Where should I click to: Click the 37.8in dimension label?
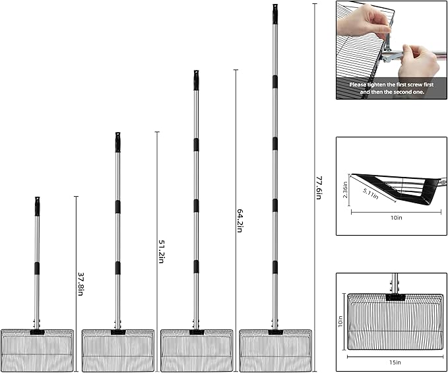(x=80, y=284)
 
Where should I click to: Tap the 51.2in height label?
(x=161, y=252)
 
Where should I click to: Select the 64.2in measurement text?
(x=240, y=220)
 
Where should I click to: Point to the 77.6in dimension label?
(x=319, y=187)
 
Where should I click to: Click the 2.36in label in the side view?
(x=345, y=189)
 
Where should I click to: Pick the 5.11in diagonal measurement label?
(x=371, y=194)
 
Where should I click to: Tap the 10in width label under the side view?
(x=397, y=218)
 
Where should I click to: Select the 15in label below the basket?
(x=395, y=362)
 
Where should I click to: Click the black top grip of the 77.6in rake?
(x=275, y=14)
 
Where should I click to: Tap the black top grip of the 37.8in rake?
(x=37, y=206)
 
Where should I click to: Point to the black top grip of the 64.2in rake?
(x=196, y=80)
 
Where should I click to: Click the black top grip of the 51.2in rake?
(x=117, y=142)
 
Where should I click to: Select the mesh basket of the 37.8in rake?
(x=37, y=351)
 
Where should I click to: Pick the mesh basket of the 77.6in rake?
(x=275, y=351)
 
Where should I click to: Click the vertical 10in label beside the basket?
(x=340, y=322)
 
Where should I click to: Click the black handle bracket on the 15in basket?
(x=395, y=297)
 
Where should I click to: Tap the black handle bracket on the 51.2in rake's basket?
(x=118, y=332)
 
